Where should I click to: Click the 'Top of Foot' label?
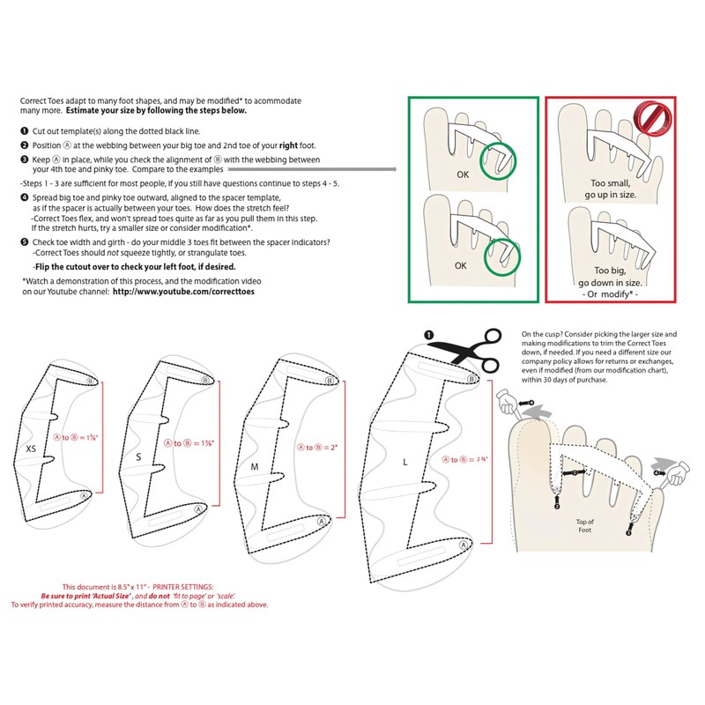585,525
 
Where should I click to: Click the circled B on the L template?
471,379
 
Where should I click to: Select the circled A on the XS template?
85,496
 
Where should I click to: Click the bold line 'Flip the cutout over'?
135,265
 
